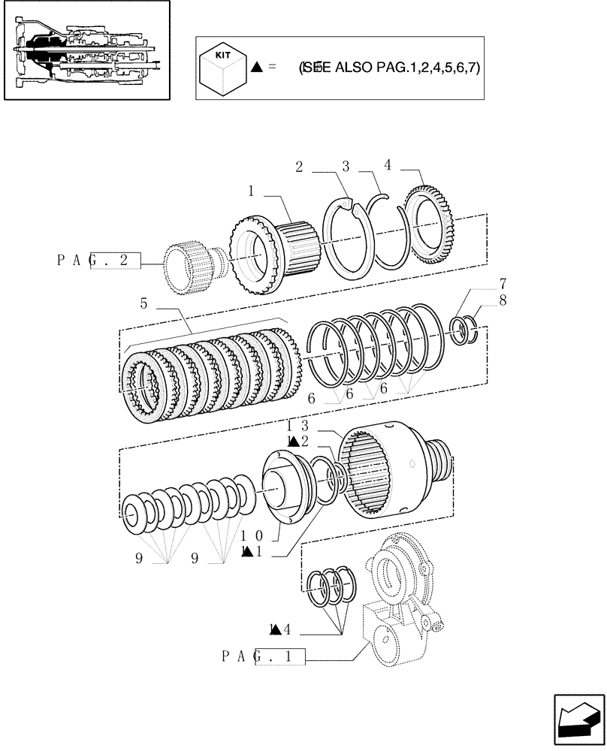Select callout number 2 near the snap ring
299,167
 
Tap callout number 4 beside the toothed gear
388,164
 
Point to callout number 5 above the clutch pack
143,304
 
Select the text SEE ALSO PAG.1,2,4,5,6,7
389,68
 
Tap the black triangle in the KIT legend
257,68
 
